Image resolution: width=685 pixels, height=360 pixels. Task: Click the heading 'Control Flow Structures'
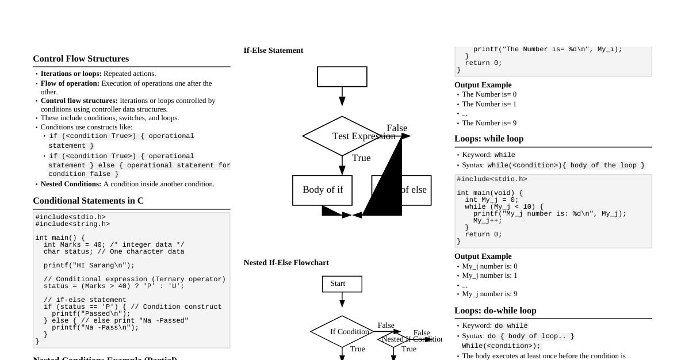pyautogui.click(x=81, y=59)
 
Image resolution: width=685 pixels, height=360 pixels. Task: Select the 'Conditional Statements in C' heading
pyautogui.click(x=88, y=201)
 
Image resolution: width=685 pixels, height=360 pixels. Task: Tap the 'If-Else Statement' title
pyautogui.click(x=273, y=51)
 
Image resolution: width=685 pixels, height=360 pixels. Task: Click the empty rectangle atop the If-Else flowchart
pyautogui.click(x=342, y=76)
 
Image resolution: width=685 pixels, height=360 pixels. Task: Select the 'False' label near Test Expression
pyautogui.click(x=397, y=128)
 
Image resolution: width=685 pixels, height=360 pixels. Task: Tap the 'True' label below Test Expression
pyautogui.click(x=361, y=158)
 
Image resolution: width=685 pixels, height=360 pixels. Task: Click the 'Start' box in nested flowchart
pyautogui.click(x=342, y=284)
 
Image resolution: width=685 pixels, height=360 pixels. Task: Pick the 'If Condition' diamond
pyautogui.click(x=343, y=332)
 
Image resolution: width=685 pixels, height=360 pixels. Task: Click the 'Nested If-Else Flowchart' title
pyautogui.click(x=286, y=263)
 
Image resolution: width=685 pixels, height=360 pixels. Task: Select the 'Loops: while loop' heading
pyautogui.click(x=489, y=139)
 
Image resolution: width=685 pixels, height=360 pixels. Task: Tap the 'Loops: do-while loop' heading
pyautogui.click(x=495, y=311)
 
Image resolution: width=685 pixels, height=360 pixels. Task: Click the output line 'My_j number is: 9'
pyautogui.click(x=489, y=294)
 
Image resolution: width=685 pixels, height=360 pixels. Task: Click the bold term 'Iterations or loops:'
pyautogui.click(x=71, y=74)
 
